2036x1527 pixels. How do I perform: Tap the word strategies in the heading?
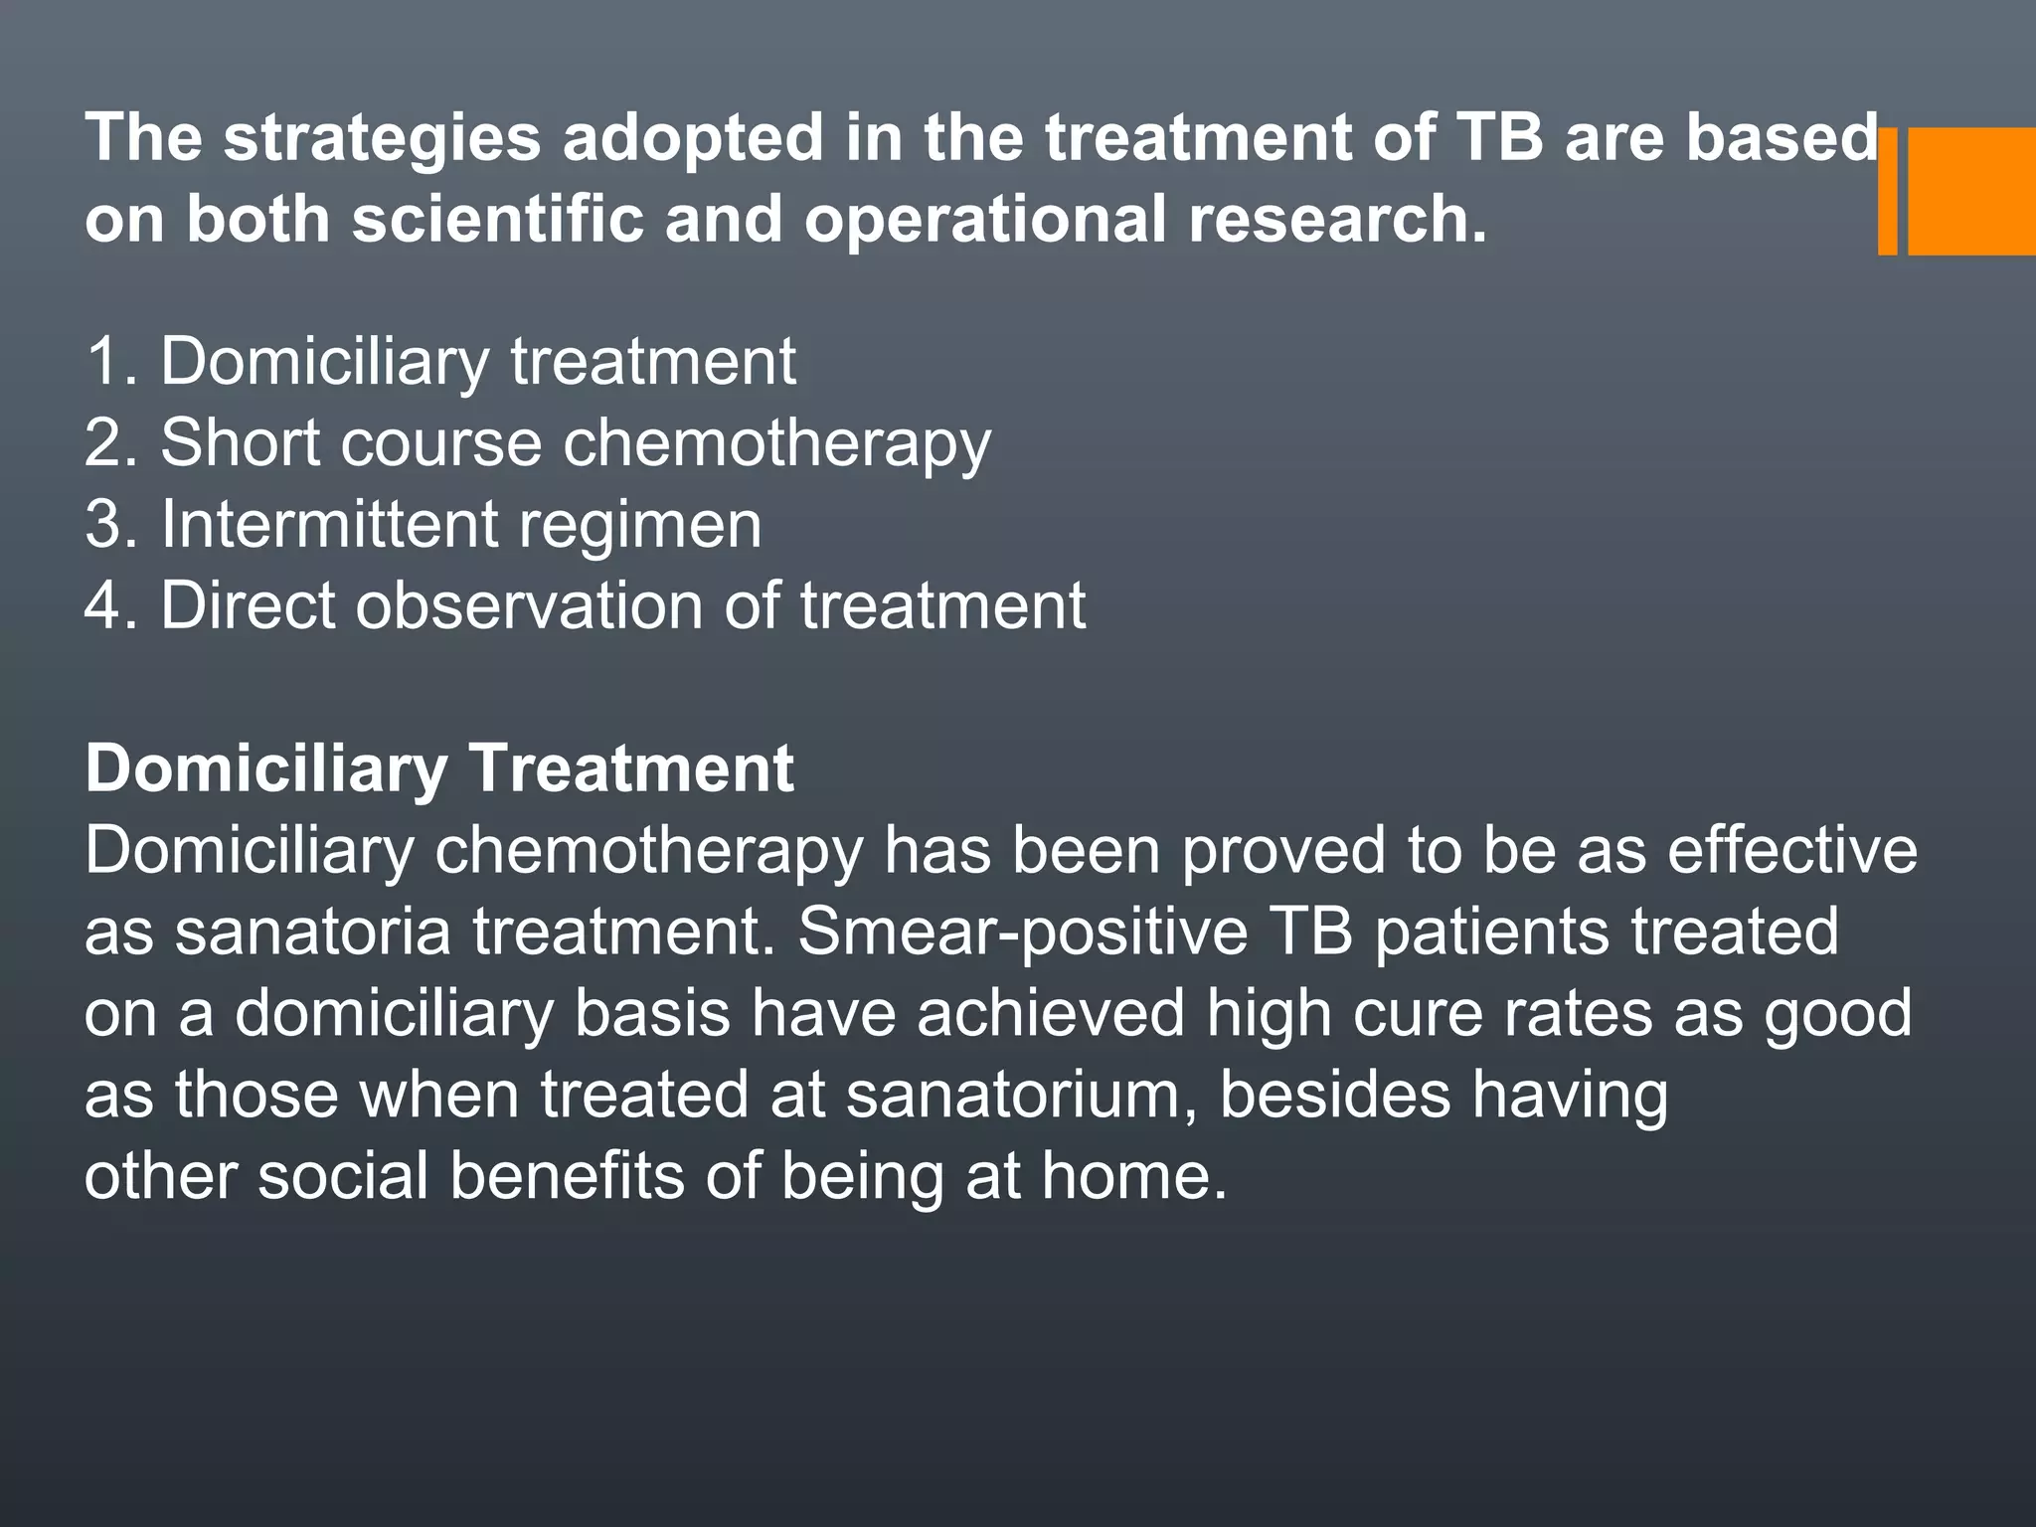tap(382, 137)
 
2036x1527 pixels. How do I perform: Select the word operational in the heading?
tap(985, 219)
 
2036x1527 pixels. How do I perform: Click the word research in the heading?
tap(1337, 219)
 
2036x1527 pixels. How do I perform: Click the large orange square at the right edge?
tap(1970, 191)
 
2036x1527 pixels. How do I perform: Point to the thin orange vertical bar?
tap(1887, 191)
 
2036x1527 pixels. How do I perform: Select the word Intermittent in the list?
tap(328, 523)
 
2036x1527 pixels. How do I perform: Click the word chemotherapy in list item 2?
tap(776, 443)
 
